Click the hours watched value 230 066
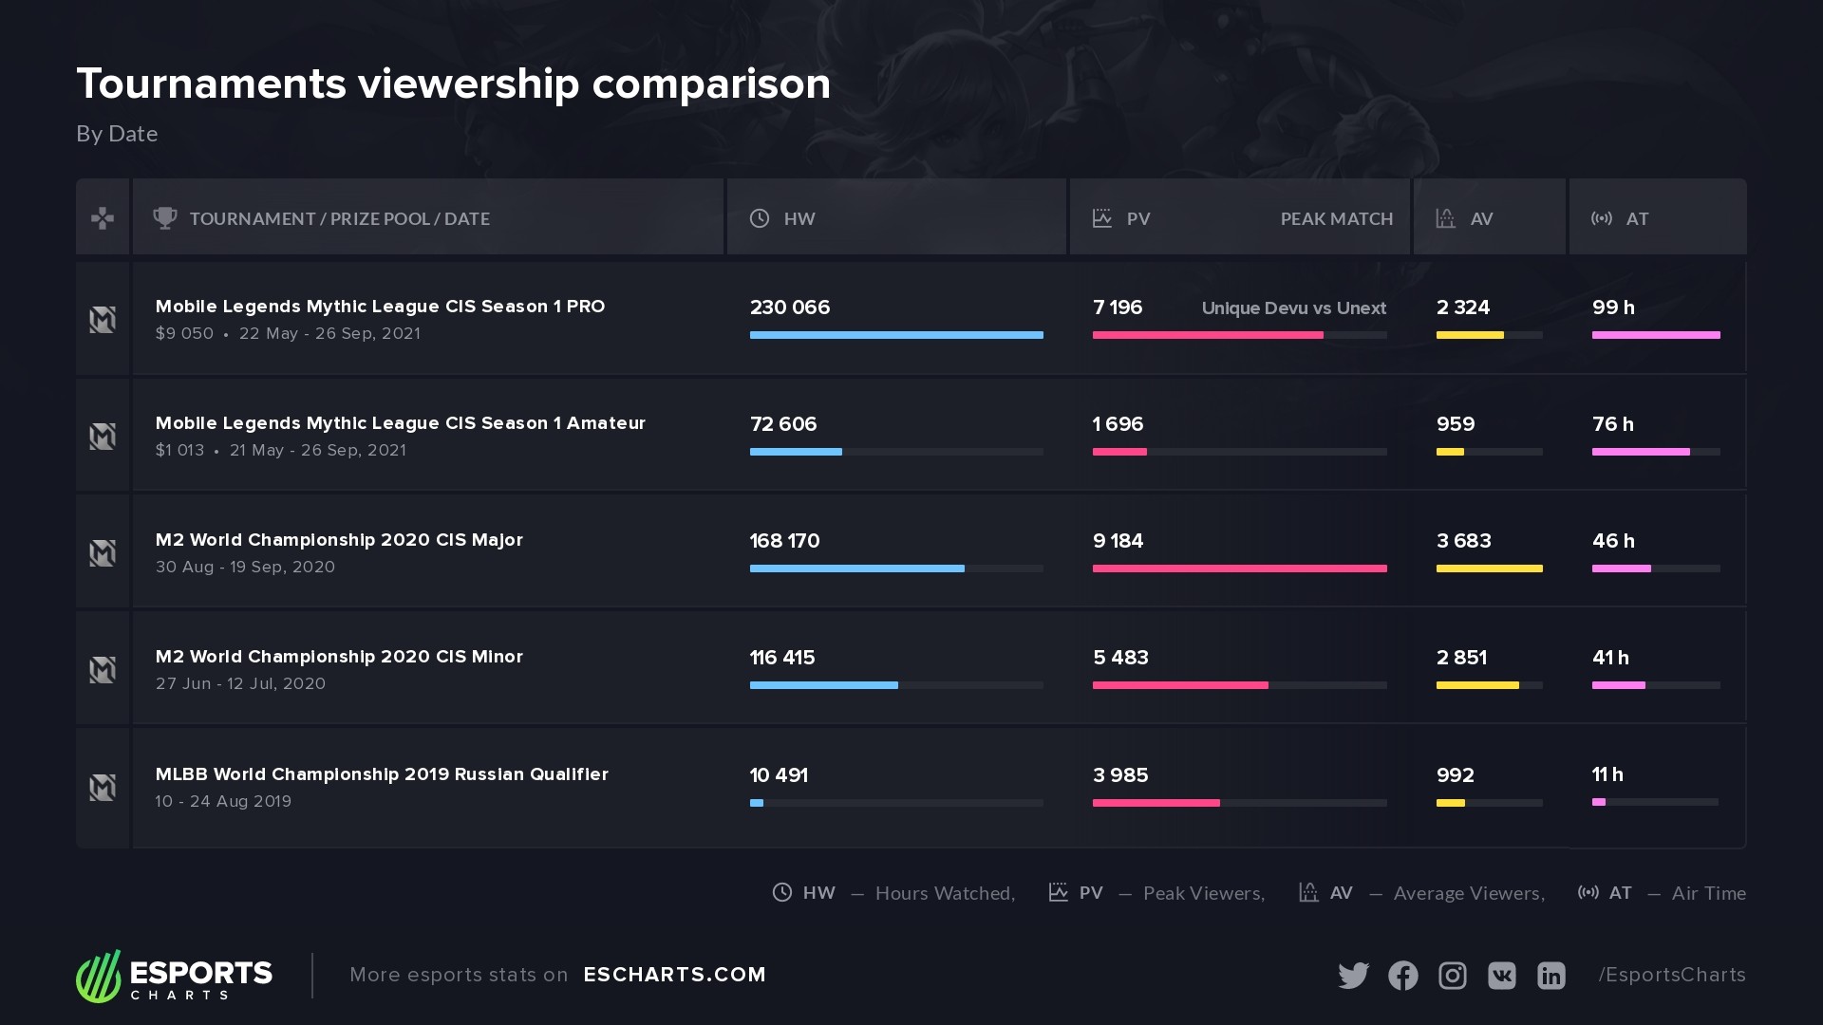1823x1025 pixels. pyautogui.click(x=789, y=307)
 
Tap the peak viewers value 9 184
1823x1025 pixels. pyautogui.click(x=1118, y=541)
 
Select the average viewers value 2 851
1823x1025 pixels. pyautogui.click(x=1461, y=658)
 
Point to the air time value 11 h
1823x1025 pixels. pyautogui.click(x=1607, y=774)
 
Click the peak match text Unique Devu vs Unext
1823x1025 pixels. pyautogui.click(x=1293, y=308)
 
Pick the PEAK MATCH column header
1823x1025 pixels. pyautogui.click(x=1336, y=219)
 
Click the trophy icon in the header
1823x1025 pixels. pyautogui.click(x=165, y=218)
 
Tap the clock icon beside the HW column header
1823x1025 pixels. pyautogui.click(x=760, y=218)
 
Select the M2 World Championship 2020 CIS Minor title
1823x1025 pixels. pyautogui.click(x=339, y=657)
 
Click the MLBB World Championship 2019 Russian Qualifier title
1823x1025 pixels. pyautogui.click(x=382, y=774)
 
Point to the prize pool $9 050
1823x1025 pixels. pyautogui.click(x=184, y=334)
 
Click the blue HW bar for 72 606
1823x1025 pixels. pyautogui.click(x=796, y=452)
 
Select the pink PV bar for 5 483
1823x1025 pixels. pyautogui.click(x=1180, y=685)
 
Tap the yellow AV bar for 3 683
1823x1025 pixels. pyautogui.click(x=1489, y=568)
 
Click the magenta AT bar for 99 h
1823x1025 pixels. pyautogui.click(x=1656, y=335)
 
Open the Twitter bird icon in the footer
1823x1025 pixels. pyautogui.click(x=1353, y=976)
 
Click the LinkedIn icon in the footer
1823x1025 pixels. pyautogui.click(x=1550, y=976)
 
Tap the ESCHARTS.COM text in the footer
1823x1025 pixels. pyautogui.click(x=674, y=975)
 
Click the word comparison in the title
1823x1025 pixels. pyautogui.click(x=711, y=84)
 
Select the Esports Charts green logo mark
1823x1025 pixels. pyautogui.click(x=99, y=976)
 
